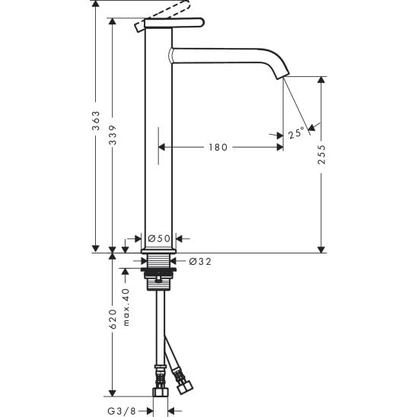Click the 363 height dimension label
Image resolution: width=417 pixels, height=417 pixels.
pos(96,121)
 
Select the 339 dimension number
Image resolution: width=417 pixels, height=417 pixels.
pos(113,135)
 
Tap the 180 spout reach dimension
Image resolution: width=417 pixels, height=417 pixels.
pos(218,147)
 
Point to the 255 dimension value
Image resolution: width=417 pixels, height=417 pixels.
pos(322,154)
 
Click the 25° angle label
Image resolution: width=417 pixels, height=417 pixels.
pos(296,132)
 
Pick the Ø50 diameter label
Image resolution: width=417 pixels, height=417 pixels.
pos(159,238)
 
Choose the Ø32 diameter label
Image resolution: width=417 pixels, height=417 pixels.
pos(200,262)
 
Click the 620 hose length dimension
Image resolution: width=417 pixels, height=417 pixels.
pos(113,319)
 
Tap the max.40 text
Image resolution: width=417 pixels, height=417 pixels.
pos(126,307)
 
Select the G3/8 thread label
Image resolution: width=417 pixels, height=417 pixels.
pos(121,411)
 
